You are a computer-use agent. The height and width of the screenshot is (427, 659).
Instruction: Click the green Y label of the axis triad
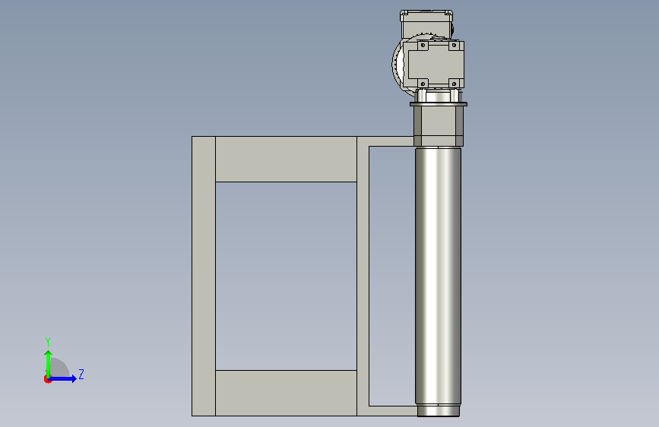click(48, 342)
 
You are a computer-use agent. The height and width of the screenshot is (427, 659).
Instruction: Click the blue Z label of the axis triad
click(81, 374)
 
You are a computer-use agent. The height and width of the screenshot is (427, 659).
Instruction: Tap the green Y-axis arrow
click(49, 364)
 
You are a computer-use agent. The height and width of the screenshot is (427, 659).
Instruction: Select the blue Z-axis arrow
click(62, 378)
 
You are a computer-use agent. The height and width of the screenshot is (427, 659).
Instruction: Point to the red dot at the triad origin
click(47, 379)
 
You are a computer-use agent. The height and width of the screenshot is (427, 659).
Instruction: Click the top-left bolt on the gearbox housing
click(423, 46)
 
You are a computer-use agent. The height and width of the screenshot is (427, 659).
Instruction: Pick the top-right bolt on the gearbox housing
click(454, 46)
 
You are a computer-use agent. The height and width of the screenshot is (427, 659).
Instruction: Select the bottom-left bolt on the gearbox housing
click(423, 84)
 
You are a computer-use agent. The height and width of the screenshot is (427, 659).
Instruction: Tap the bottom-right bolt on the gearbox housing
click(454, 84)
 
